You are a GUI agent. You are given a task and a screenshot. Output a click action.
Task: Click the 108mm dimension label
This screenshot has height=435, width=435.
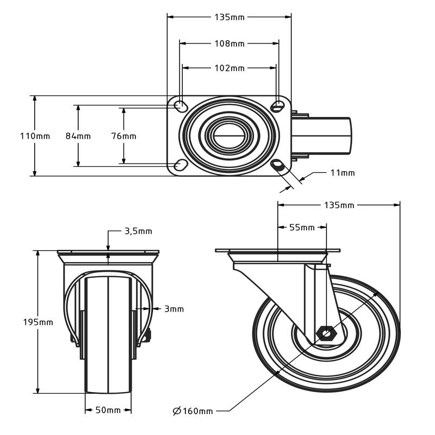[x=229, y=43]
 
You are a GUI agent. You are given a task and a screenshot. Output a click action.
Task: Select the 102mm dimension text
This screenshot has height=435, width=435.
[x=229, y=68]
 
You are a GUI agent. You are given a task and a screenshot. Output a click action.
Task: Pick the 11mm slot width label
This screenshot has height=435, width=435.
[x=342, y=173]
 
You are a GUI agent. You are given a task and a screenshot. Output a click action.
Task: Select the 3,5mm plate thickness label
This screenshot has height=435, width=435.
[x=138, y=231]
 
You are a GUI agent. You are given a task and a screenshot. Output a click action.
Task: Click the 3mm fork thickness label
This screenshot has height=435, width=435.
[x=174, y=309]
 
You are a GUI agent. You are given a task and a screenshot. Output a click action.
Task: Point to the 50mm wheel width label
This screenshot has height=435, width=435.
[x=108, y=409]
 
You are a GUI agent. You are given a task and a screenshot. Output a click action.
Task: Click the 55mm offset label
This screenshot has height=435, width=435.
[x=302, y=227]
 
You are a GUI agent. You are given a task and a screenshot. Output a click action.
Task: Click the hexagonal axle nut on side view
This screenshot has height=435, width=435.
[x=327, y=333]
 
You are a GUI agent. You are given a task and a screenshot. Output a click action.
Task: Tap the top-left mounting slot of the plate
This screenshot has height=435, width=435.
[x=180, y=105]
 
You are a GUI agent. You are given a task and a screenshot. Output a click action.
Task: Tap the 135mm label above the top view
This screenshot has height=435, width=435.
[x=229, y=17]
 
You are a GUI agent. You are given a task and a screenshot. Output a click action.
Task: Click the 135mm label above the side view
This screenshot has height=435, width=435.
[x=339, y=205]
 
